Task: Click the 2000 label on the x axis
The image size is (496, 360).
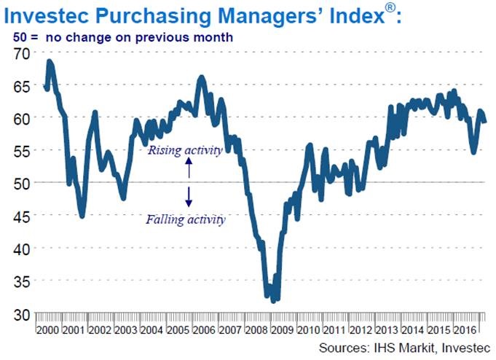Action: pyautogui.click(x=48, y=330)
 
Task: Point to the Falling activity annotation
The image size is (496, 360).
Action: pyautogui.click(x=186, y=219)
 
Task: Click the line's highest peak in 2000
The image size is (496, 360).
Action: pyautogui.click(x=49, y=61)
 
